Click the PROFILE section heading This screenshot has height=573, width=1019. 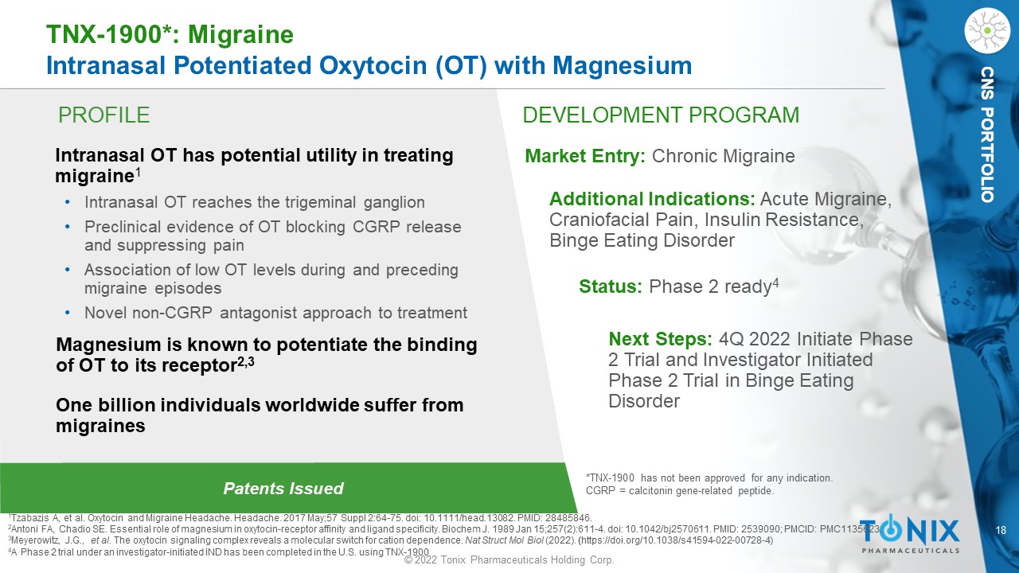click(x=103, y=115)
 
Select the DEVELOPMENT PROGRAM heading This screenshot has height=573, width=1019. click(x=661, y=115)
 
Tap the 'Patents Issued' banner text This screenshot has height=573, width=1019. click(x=283, y=489)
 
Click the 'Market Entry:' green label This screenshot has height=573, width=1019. click(x=585, y=156)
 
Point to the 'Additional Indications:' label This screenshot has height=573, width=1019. click(x=652, y=199)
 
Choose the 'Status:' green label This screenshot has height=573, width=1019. click(x=610, y=286)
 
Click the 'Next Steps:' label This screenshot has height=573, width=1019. click(x=660, y=339)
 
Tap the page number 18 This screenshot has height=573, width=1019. click(x=1001, y=530)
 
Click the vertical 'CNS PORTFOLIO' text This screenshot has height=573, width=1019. click(x=987, y=134)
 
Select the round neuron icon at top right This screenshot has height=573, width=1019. click(x=987, y=30)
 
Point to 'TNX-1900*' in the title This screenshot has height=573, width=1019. click(x=109, y=34)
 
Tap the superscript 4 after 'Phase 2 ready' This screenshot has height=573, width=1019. click(x=775, y=283)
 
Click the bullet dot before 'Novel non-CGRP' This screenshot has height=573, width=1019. click(x=68, y=313)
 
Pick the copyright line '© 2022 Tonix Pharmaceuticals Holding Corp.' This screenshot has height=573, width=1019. click(x=509, y=559)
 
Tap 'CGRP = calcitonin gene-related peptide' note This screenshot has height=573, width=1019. click(x=680, y=491)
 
